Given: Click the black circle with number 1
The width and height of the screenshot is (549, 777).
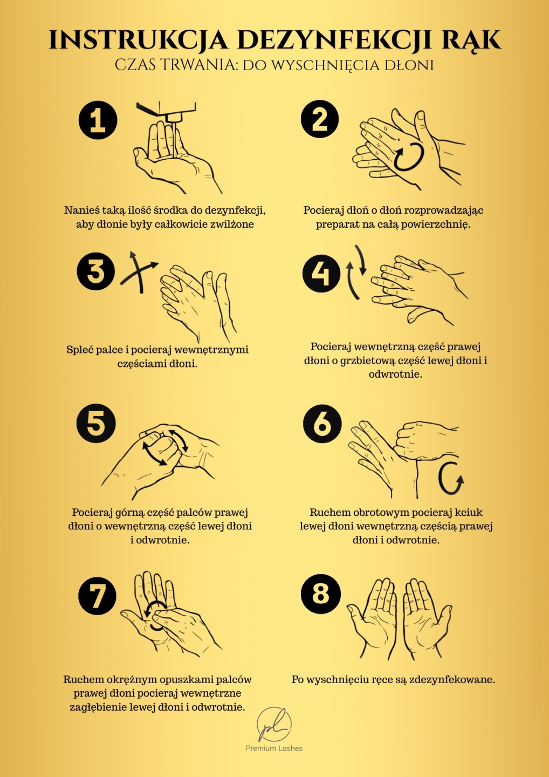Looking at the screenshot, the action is pyautogui.click(x=98, y=120).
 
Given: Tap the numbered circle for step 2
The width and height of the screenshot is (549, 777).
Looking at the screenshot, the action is pyautogui.click(x=320, y=119).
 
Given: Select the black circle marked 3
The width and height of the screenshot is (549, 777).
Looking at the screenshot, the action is pyautogui.click(x=95, y=271).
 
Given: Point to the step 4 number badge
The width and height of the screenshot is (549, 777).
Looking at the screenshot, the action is pyautogui.click(x=321, y=274).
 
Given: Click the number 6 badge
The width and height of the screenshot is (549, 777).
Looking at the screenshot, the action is pyautogui.click(x=322, y=424).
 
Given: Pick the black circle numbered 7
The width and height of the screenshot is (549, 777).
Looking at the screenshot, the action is pyautogui.click(x=97, y=596).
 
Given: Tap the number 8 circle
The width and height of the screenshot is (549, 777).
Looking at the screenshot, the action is pyautogui.click(x=320, y=594).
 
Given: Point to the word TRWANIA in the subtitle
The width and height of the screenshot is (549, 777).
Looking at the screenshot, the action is pyautogui.click(x=195, y=65).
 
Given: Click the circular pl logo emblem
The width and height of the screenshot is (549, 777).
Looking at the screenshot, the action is pyautogui.click(x=274, y=725).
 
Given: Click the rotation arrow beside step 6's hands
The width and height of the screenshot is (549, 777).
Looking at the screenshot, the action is pyautogui.click(x=450, y=478).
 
